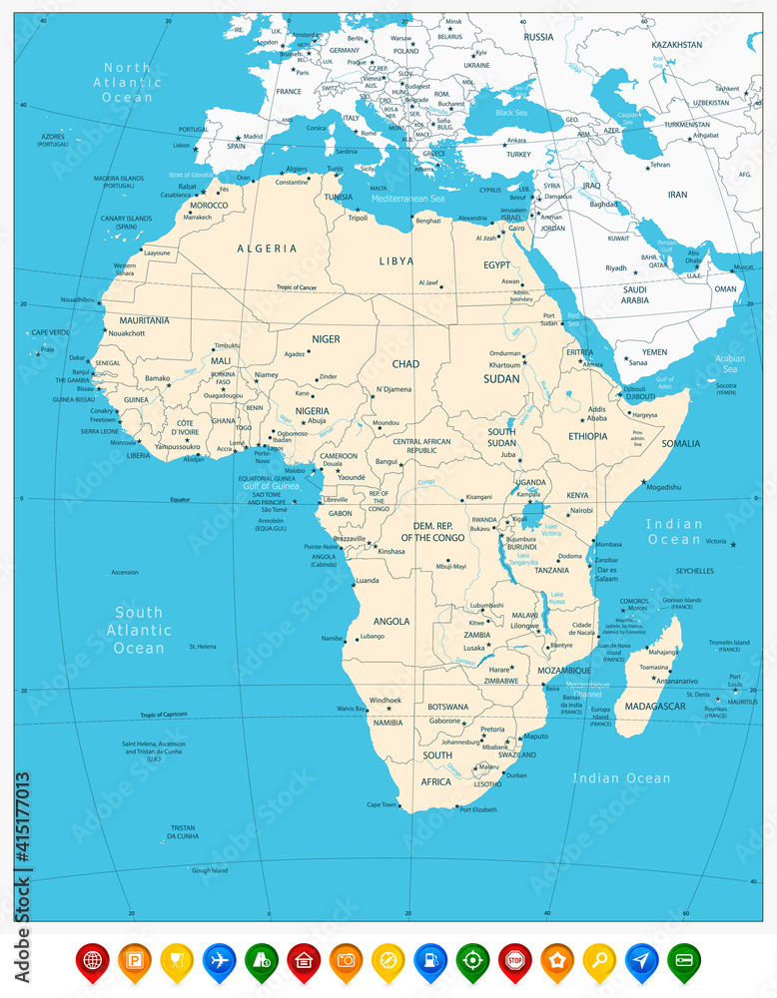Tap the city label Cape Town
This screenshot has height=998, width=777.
point(382,804)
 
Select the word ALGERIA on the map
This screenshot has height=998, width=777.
point(267,248)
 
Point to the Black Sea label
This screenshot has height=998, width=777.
point(510,113)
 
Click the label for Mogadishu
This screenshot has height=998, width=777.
point(663,487)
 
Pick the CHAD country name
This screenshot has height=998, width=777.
point(405,364)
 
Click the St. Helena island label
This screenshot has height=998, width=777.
point(203,647)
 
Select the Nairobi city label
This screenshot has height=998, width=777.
point(581,510)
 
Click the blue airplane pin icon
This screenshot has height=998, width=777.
point(218,961)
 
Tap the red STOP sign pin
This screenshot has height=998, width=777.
point(513,961)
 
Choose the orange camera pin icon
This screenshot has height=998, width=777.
point(345,961)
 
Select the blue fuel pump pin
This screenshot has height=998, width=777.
point(429,961)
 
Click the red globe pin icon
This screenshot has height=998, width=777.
point(91,961)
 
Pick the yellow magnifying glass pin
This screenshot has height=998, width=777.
point(599,961)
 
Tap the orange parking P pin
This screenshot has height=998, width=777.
point(134,961)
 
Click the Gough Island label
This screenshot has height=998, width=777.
point(210,870)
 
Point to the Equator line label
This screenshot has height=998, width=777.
point(179,499)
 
